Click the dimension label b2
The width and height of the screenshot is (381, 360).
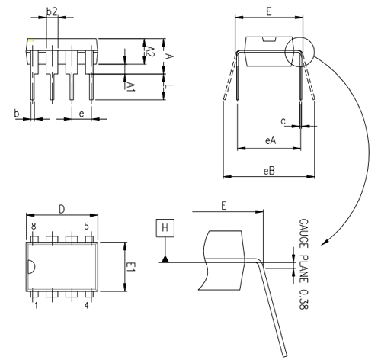click(52, 12)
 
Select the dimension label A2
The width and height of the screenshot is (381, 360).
click(150, 52)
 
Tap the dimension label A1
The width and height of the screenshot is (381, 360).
click(130, 85)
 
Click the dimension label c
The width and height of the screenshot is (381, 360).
click(283, 120)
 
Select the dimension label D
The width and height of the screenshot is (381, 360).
click(61, 209)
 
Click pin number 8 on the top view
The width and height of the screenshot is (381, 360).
click(34, 227)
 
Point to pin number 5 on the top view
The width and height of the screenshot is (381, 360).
click(87, 227)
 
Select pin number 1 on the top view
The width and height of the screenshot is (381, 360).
click(35, 306)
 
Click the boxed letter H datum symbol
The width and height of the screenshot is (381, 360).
click(165, 227)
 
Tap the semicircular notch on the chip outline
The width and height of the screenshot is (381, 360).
click(31, 266)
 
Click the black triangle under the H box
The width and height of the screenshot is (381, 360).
click(165, 260)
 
